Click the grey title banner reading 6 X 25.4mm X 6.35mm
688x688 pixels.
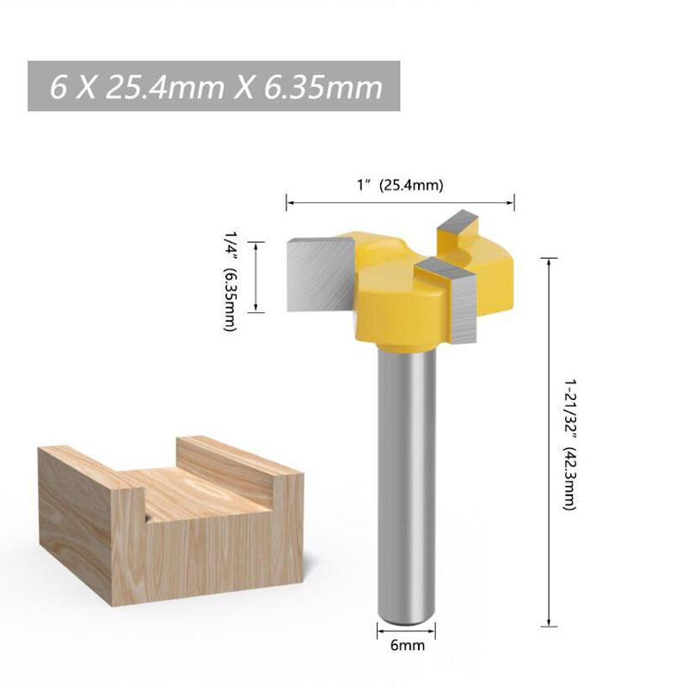click(x=215, y=86)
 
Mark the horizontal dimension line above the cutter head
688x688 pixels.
click(x=400, y=203)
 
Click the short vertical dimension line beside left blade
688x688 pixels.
click(x=256, y=277)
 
